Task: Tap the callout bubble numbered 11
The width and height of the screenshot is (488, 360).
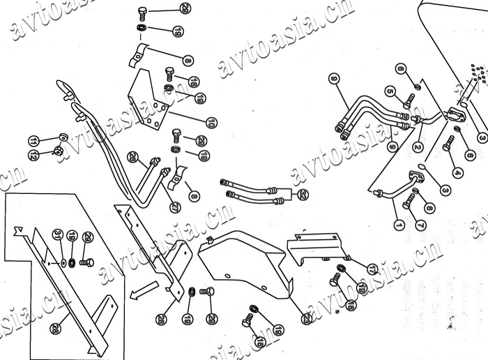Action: pos(33,141)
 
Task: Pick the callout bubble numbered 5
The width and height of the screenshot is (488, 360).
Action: pos(390,91)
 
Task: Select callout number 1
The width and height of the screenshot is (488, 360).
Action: pos(399,225)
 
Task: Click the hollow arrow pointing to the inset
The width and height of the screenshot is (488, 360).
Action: pos(144,288)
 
